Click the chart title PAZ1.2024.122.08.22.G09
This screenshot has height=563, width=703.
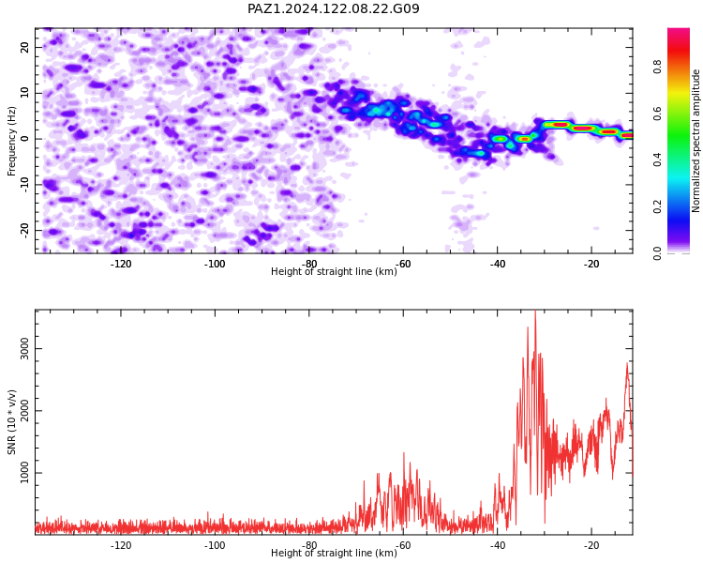334,8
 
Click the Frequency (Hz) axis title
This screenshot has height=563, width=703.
11,141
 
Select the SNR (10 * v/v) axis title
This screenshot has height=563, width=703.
11,422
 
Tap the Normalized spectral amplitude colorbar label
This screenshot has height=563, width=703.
696,141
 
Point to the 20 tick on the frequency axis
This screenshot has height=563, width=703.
24,47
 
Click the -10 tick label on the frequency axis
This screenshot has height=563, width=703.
24,185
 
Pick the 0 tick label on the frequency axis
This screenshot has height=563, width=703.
24,139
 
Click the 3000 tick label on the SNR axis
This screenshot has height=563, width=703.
24,348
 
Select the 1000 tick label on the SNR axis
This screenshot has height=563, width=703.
24,473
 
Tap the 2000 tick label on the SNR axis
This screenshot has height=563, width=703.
24,411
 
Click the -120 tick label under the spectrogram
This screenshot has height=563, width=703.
121,264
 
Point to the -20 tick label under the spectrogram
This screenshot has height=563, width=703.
591,264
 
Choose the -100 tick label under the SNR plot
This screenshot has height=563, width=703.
215,545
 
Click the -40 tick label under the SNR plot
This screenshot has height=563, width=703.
497,545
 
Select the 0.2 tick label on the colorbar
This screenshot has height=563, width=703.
657,207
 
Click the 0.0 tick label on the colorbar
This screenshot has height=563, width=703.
657,253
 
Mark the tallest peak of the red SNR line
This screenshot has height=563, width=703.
535,312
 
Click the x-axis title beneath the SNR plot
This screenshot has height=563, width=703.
334,553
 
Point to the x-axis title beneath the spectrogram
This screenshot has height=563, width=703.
334,271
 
